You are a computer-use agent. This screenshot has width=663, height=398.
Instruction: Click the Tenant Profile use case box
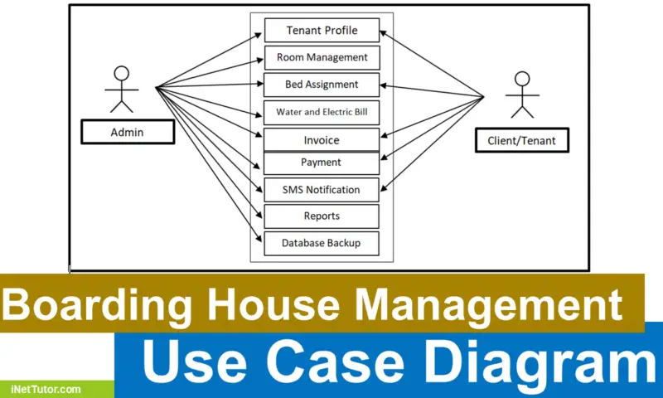tap(322, 30)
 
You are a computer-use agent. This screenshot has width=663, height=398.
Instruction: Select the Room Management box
tap(322, 57)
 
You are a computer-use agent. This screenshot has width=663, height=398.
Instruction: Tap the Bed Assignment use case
tap(322, 85)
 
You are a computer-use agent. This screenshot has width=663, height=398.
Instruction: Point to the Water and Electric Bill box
tap(322, 111)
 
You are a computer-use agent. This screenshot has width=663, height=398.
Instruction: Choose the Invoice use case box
tap(322, 140)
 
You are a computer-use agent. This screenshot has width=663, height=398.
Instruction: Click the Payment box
tap(322, 163)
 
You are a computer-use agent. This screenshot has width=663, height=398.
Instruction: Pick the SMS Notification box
tap(322, 190)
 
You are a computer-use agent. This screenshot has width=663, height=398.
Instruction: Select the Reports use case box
tap(322, 216)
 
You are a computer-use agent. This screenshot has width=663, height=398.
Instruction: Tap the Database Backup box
tap(322, 243)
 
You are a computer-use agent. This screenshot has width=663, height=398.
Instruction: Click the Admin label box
tap(128, 132)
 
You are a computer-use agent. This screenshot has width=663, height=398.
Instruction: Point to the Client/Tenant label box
tap(521, 140)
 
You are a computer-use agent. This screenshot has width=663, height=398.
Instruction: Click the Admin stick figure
tap(121, 87)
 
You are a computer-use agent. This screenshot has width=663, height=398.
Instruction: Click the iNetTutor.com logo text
tap(46, 388)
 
